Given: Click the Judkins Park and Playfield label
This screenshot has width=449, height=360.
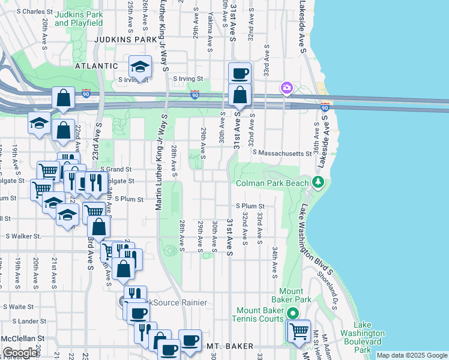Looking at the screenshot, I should point(78,19).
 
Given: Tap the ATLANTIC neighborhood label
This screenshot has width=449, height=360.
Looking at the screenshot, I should point(96,65).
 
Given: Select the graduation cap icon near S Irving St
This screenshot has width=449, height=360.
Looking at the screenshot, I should point(139,67).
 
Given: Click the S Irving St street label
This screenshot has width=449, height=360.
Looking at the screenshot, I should point(188,79).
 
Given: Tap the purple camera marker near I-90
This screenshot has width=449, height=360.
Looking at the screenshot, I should point(286,89).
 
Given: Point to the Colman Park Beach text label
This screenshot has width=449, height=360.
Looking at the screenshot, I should point(273,183).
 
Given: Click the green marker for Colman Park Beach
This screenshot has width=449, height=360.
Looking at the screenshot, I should point(319,182).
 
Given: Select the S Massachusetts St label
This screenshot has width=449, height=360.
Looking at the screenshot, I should point(283,154).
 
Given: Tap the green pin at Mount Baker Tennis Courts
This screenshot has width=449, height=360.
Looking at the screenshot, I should point(293,313).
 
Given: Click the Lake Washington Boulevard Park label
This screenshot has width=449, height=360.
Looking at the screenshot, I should point(363,341).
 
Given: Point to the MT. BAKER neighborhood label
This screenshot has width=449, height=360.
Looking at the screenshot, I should point(231,346).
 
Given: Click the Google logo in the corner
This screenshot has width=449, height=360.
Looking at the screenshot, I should point(20,353).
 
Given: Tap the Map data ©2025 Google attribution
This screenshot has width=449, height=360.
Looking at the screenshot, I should point(412,355).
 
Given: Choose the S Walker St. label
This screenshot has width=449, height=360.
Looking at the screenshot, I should point(23,236).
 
